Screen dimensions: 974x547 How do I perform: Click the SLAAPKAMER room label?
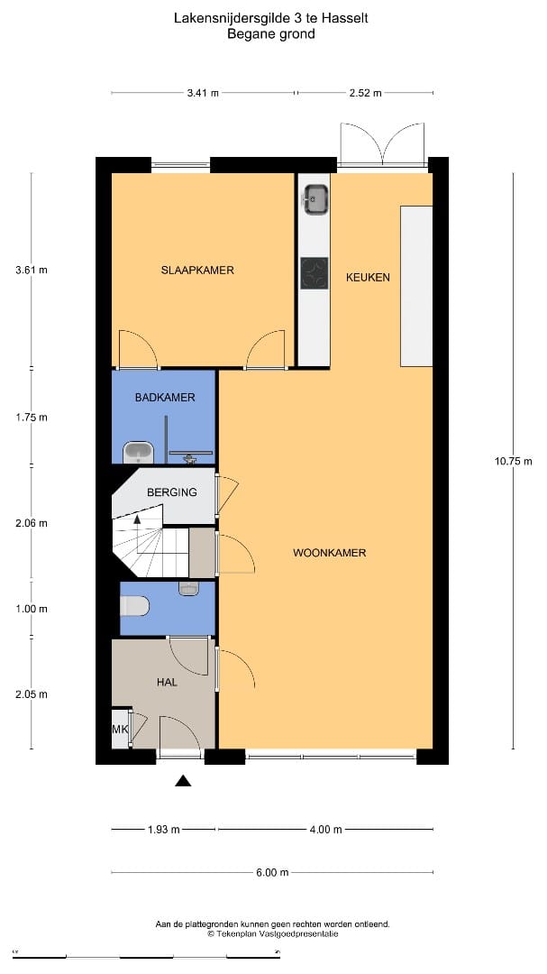point(197,271)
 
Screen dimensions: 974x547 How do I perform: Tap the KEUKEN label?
point(368,277)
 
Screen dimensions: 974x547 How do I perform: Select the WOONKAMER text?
point(329,553)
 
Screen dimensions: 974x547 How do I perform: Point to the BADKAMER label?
point(165,398)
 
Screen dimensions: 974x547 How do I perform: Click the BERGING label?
point(172,492)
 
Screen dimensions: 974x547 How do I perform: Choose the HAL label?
point(167,683)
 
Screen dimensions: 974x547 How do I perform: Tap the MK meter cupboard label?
point(120,730)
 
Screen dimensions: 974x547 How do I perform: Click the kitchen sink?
point(315,198)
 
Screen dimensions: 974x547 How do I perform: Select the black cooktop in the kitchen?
point(315,273)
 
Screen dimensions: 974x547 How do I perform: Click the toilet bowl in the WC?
point(135,606)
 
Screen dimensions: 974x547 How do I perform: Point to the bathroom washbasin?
point(140,452)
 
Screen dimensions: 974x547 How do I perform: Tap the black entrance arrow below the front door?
point(183,781)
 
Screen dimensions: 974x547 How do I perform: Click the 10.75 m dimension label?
point(513,462)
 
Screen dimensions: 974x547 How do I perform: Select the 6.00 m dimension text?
point(271,872)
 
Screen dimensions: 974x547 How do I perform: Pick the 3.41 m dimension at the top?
point(202,93)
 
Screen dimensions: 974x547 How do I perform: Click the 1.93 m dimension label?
point(163,830)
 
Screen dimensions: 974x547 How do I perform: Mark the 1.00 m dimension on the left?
point(32,609)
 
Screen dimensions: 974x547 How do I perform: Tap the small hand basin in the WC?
point(188,588)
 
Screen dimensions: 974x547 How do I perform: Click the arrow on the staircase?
point(137,519)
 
